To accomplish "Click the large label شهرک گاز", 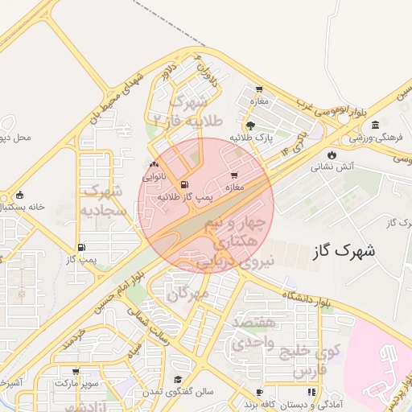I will (342, 251).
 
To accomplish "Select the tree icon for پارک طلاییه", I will (252, 125).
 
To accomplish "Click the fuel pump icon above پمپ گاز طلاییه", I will (185, 183).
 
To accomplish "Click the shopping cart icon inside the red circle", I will (234, 175).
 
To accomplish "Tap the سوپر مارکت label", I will (73, 384).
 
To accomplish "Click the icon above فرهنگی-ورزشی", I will (375, 125).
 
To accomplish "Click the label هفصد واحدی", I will (253, 332).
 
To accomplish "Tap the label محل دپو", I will (15, 138).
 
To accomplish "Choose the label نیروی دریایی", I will (245, 261).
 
